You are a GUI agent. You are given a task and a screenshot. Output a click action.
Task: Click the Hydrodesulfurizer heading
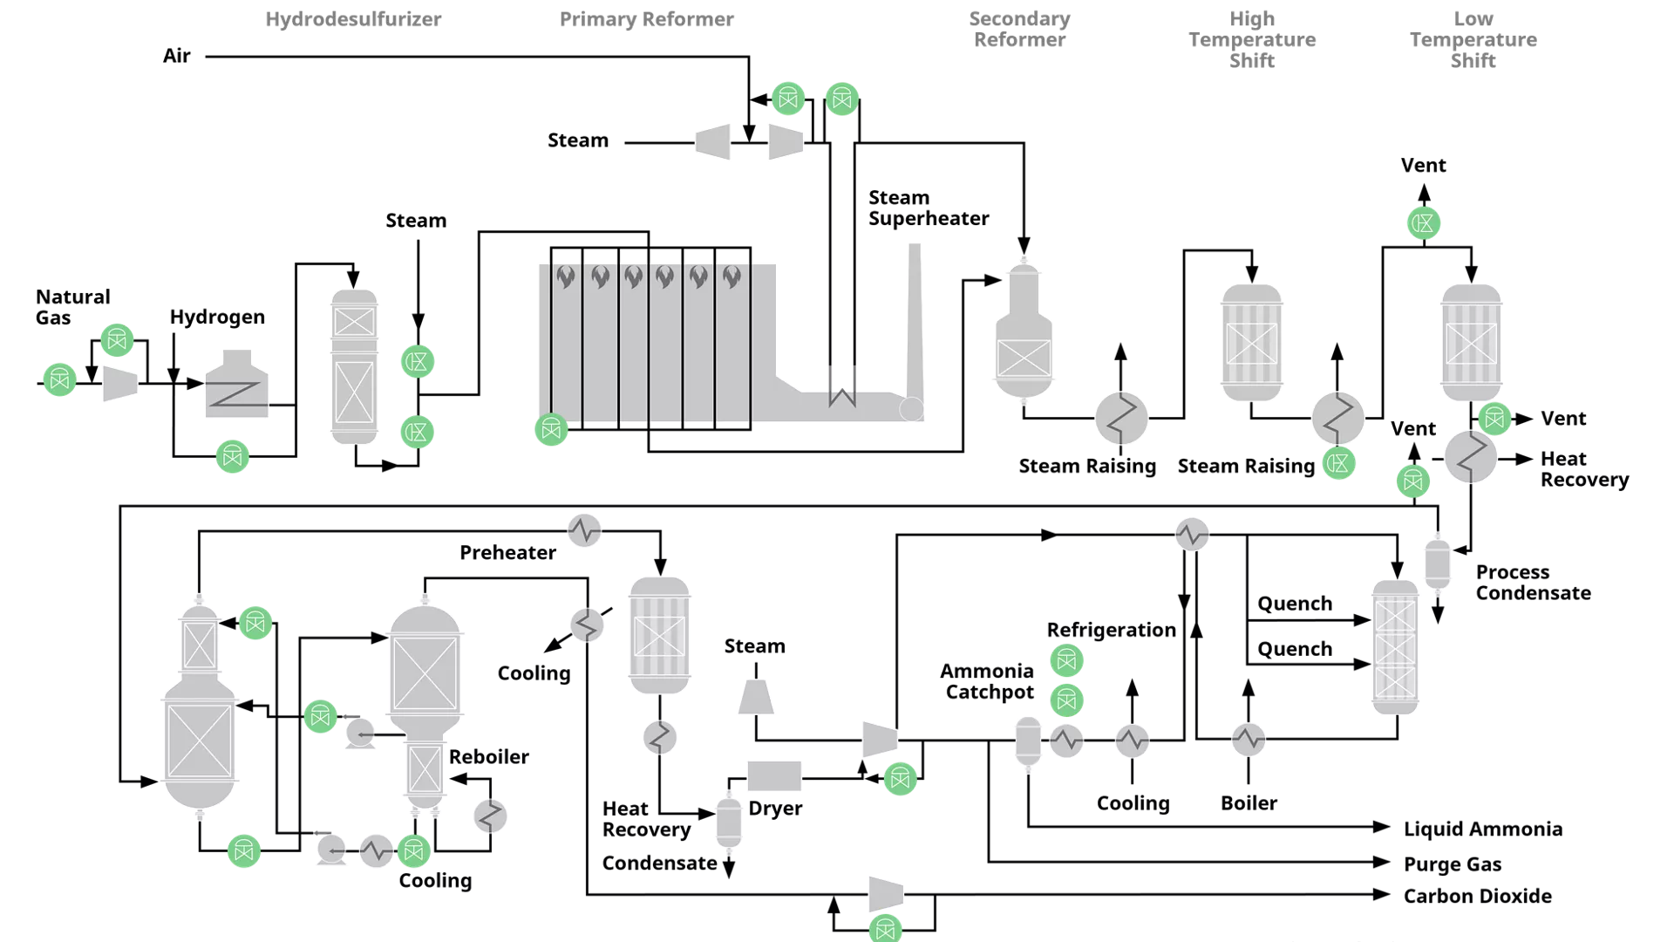tap(353, 19)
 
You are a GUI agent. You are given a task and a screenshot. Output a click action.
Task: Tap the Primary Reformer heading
tap(646, 19)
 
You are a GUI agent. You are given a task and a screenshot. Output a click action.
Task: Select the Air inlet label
tap(177, 57)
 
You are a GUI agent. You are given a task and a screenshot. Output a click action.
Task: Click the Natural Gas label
tap(72, 307)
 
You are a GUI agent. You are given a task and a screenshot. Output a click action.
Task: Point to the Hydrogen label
tap(217, 317)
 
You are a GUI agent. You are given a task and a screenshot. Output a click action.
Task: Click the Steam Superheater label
tap(929, 208)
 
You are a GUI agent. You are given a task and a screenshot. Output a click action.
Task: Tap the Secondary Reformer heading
tap(1019, 29)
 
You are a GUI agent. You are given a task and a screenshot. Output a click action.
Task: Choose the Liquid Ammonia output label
tap(1482, 829)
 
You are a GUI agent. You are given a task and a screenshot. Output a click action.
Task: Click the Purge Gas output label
tap(1452, 864)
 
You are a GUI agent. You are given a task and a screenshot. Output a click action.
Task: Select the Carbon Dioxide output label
tap(1477, 896)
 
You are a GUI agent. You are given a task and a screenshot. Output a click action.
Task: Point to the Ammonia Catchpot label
tap(988, 681)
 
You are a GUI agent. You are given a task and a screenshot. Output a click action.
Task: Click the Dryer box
tap(774, 775)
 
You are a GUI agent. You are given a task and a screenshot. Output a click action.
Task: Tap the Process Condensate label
tap(1533, 583)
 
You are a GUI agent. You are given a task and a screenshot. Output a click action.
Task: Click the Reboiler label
tap(488, 756)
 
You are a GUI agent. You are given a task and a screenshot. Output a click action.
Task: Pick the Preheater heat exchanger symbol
tap(584, 529)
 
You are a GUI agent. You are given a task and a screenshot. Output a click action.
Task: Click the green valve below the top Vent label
tap(1423, 223)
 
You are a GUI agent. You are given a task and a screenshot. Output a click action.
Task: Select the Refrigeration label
tap(1111, 630)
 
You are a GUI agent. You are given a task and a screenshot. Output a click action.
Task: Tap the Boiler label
tap(1249, 803)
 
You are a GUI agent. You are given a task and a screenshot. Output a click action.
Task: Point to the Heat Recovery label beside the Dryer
tap(646, 819)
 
